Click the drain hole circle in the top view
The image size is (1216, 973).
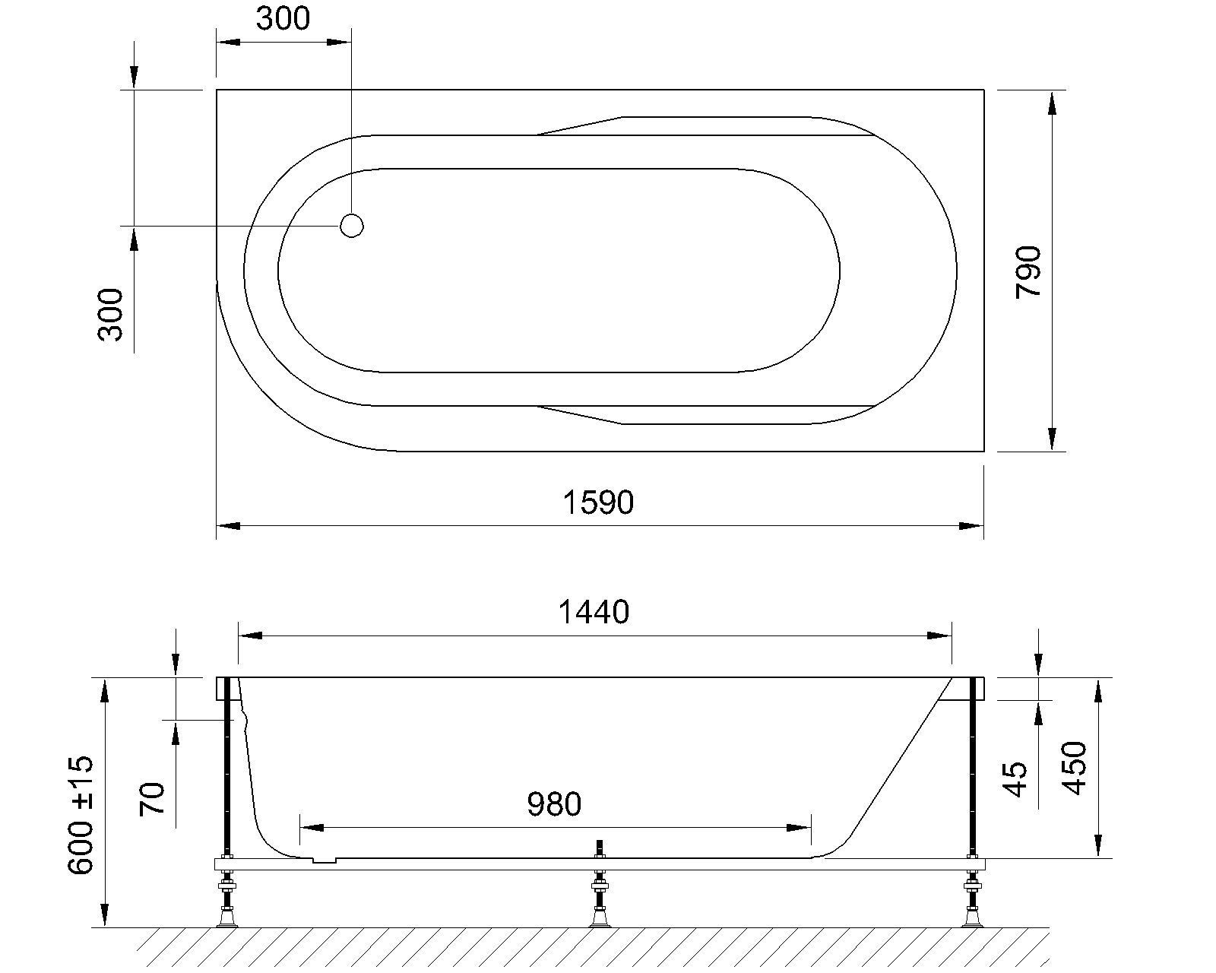[352, 226]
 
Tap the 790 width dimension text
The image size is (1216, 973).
[1029, 271]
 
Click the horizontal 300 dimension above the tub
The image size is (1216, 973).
[283, 19]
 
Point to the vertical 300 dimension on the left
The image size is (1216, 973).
[111, 314]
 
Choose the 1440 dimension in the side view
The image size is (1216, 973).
[594, 612]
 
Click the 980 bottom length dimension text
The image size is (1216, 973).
[554, 804]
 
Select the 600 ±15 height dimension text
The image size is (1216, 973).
[82, 815]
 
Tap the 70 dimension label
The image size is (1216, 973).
[153, 798]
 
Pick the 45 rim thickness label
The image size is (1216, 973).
[1016, 779]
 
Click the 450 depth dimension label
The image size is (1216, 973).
[1075, 768]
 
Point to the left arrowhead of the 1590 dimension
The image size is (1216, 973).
[228, 525]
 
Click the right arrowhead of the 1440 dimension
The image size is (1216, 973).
[940, 635]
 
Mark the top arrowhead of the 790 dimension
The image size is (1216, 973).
[1052, 103]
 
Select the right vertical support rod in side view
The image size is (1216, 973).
[972, 768]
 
